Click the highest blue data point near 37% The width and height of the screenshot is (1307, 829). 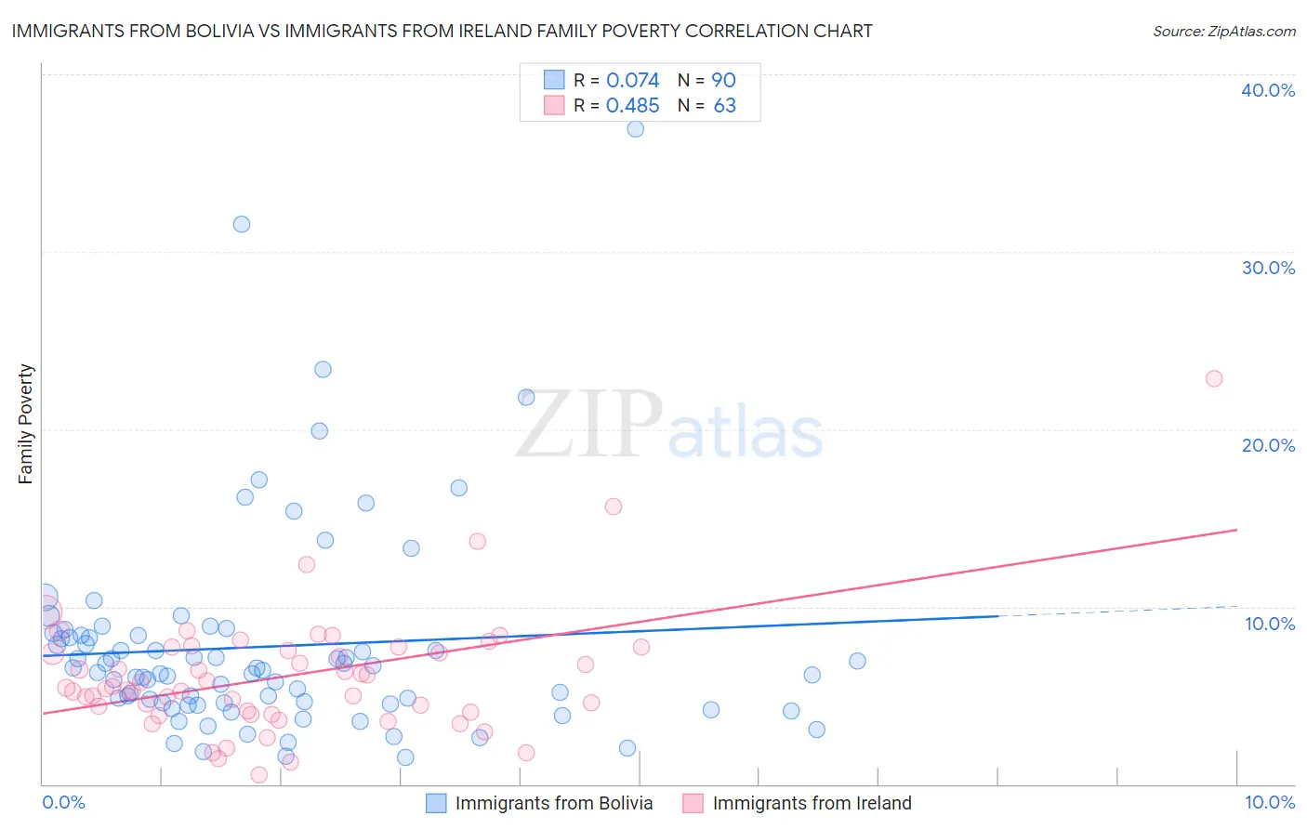(635, 129)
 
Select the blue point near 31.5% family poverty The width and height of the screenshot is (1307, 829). (242, 224)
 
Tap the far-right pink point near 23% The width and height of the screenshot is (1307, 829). (1214, 378)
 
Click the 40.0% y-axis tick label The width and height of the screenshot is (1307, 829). (1268, 90)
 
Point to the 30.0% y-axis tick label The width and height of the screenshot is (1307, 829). (1268, 268)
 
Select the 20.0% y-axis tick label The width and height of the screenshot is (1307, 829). (1268, 445)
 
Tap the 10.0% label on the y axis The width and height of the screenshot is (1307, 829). (1270, 624)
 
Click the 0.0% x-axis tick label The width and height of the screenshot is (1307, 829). (63, 802)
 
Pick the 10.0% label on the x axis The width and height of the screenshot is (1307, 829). (1270, 802)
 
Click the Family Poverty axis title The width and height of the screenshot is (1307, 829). (26, 424)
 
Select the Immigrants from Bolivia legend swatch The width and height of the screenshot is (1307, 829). (436, 803)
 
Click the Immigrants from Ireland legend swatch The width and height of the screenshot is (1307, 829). (693, 803)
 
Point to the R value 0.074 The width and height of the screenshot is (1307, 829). (632, 81)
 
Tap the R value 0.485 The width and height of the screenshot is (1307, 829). (632, 106)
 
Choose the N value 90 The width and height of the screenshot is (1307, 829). (723, 81)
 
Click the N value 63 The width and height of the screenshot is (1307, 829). (724, 106)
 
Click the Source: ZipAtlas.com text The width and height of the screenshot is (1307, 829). (1223, 31)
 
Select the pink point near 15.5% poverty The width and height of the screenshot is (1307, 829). (614, 507)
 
